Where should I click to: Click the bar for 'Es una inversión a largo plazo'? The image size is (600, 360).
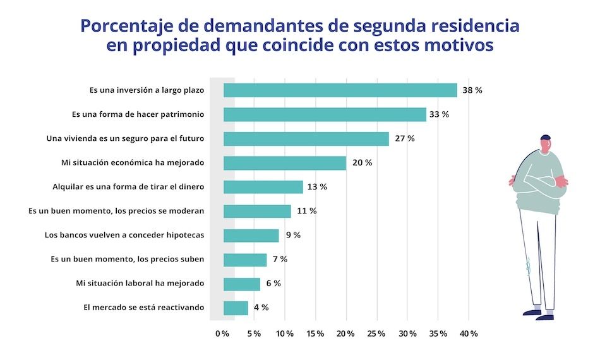coord(340,90)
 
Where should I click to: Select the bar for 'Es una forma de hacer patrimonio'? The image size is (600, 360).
coord(325,114)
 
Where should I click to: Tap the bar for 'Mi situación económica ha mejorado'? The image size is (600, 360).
coord(285,163)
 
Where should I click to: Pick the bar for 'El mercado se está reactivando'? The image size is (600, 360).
coord(236,308)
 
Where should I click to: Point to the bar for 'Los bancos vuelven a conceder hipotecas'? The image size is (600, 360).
coord(251,235)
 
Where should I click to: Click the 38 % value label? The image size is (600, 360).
coord(472,90)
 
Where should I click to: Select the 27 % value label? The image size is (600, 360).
coord(405,138)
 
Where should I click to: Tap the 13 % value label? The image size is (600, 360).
coord(318,187)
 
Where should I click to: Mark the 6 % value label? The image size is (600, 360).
coord(273,284)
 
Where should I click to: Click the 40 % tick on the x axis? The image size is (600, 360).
coord(469,333)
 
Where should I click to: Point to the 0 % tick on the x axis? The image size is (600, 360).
coord(222,333)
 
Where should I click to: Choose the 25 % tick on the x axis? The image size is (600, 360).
coord(376,333)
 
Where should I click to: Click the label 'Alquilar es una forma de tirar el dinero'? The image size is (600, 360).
coord(128,187)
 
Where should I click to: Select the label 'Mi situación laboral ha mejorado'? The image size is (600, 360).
coord(140,284)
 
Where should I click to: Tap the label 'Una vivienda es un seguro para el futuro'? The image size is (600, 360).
coord(126,138)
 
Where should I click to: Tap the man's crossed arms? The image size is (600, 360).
coord(539,183)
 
